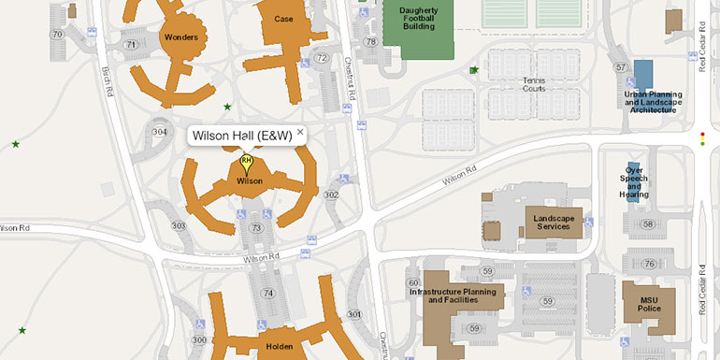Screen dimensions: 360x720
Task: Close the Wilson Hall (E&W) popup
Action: [x=300, y=133]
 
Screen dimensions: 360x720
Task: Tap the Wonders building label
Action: [x=180, y=38]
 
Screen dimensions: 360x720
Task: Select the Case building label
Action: [x=283, y=19]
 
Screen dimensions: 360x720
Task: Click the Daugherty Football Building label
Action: [x=418, y=17]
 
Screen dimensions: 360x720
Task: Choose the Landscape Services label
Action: [x=552, y=222]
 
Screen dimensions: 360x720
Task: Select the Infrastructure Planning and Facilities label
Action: [x=457, y=295]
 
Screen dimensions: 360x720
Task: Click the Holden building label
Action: [x=279, y=347]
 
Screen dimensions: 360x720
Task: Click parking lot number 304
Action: [x=159, y=132]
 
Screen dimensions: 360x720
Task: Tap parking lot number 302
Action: [x=330, y=194]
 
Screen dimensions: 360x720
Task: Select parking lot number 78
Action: [x=371, y=41]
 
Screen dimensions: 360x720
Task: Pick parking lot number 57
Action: [x=620, y=67]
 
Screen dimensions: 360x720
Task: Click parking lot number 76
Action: [x=647, y=265]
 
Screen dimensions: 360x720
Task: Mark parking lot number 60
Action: [x=412, y=282]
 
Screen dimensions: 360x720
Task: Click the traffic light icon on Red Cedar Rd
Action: [x=702, y=139]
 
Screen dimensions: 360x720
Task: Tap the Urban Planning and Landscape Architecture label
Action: [x=653, y=102]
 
